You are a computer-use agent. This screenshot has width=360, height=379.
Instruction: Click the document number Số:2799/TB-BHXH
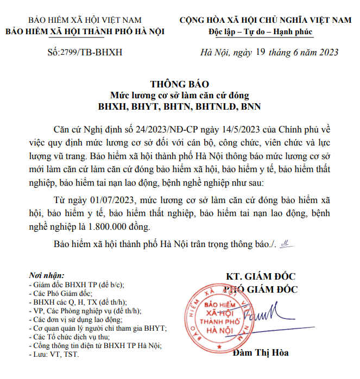click(85, 52)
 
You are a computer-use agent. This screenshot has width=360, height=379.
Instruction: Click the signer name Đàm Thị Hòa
click(260, 353)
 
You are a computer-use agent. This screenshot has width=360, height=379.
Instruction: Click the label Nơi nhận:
click(46, 275)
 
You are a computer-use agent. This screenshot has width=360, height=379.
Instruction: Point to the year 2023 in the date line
click(326, 52)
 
